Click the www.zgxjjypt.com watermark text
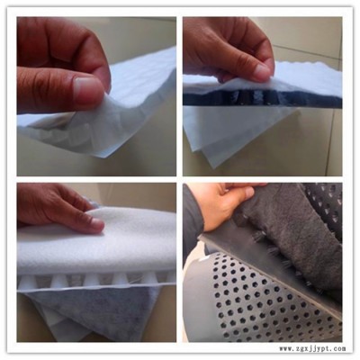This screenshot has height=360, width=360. pos(312,349)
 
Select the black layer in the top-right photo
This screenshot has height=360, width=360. pos(261,96)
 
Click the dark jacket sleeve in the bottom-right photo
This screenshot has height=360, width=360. pos(193,223)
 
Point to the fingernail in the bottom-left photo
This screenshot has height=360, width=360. pos(97,223)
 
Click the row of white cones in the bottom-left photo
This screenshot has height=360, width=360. pos(96,282)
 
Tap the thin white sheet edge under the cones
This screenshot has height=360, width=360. pos(96,288)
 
